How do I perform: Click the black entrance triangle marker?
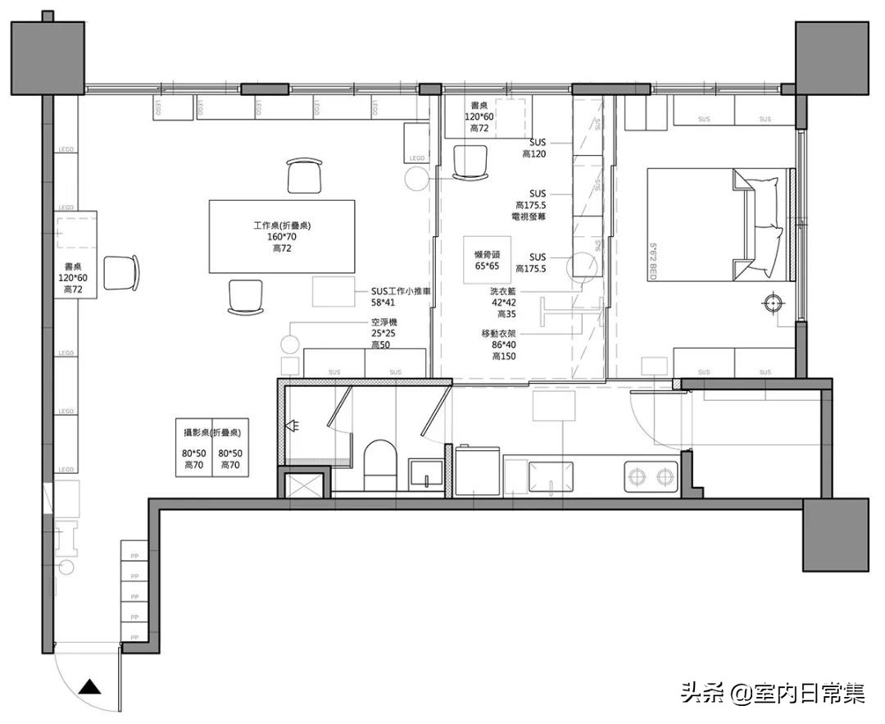91,688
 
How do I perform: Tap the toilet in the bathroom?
379,463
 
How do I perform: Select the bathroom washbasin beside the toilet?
426,475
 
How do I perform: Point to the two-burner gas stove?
651,475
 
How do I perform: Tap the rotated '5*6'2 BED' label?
653,259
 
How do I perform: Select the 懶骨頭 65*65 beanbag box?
481,255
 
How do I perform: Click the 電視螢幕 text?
529,216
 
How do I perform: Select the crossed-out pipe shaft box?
304,482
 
